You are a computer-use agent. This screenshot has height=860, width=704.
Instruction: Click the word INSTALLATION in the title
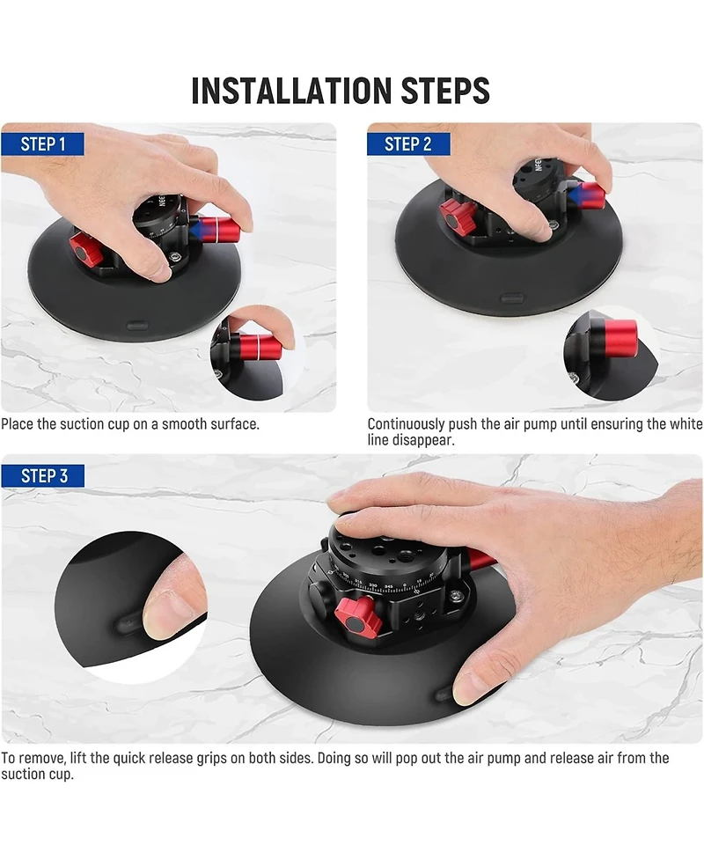[x=291, y=91]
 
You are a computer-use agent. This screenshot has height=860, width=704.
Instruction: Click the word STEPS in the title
[x=445, y=91]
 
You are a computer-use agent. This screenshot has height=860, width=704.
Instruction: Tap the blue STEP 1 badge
[x=43, y=144]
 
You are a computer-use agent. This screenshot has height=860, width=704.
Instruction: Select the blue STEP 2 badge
[x=408, y=144]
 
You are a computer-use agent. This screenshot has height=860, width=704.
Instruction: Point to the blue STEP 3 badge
[x=43, y=475]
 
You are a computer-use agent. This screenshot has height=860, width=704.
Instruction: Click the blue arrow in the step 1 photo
[x=194, y=231]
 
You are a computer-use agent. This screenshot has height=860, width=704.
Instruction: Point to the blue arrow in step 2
[x=576, y=195]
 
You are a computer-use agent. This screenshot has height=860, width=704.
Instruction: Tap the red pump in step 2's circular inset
[x=620, y=338]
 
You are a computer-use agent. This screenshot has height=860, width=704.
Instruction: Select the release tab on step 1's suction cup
[x=137, y=325]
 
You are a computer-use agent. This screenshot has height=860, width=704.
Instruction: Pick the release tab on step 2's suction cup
[x=512, y=298]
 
